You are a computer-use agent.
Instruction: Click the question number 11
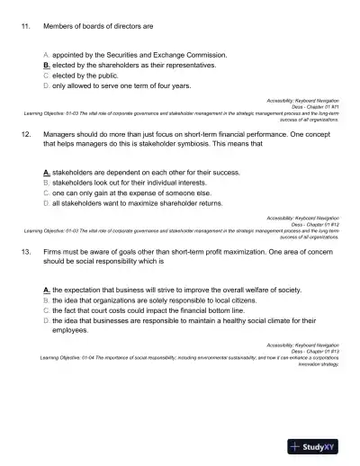coord(25,27)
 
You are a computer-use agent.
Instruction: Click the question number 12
coord(25,131)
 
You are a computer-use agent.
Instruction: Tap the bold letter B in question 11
coord(46,66)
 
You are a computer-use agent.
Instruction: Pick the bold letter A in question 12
coord(46,171)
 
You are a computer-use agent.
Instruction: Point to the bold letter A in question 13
coord(46,291)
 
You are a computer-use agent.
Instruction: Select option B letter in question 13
coord(46,300)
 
